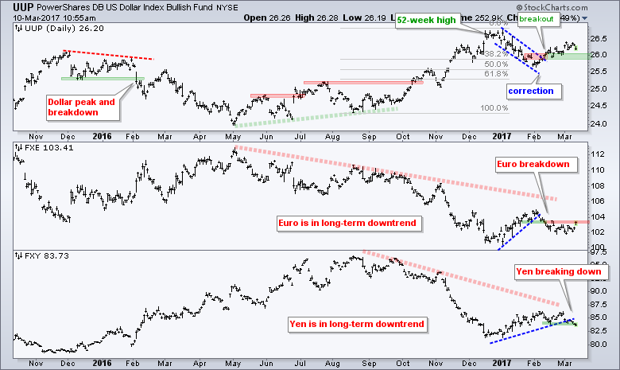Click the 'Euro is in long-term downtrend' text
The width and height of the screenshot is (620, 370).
tap(347, 223)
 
